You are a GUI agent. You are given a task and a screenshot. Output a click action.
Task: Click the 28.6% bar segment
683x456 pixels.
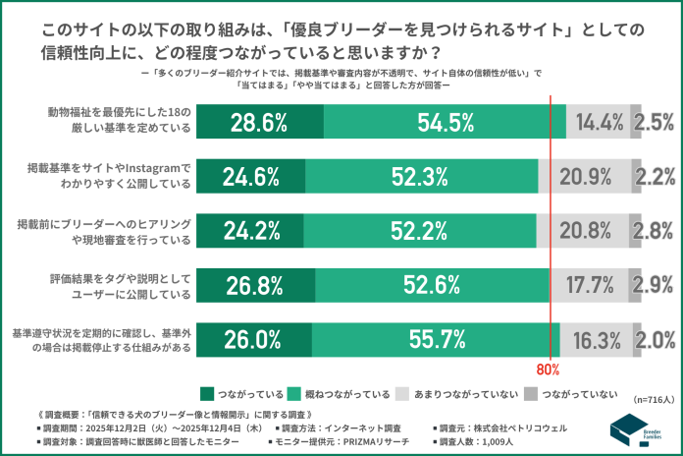pos(259,122)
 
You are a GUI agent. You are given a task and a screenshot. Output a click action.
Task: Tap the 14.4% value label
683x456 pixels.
pos(600,122)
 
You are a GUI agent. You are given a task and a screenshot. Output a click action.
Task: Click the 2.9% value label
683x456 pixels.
pos(653,286)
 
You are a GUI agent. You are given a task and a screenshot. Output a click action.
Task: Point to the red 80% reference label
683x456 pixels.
pos(548,370)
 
